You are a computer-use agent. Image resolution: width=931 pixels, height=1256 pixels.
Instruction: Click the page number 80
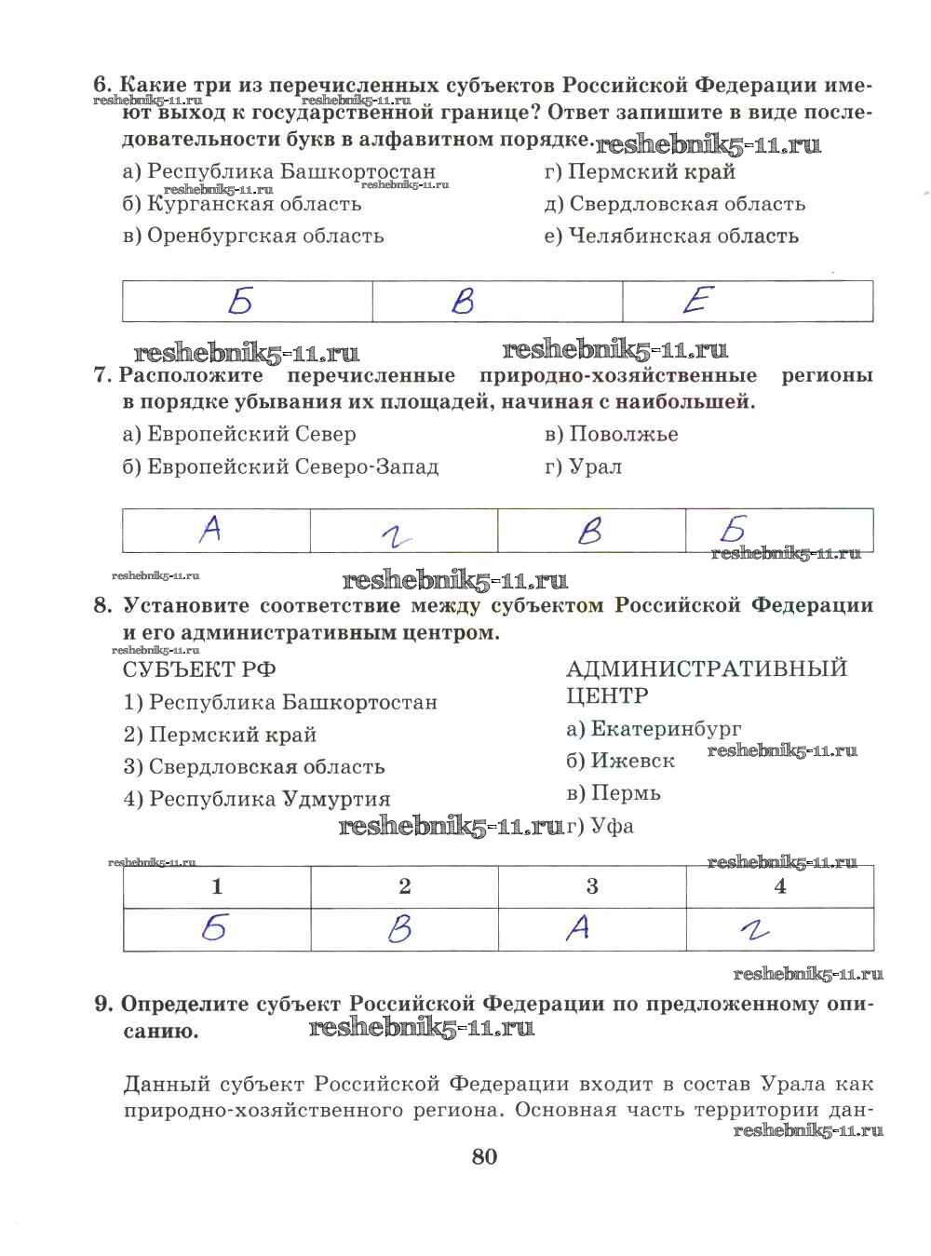pyautogui.click(x=484, y=1156)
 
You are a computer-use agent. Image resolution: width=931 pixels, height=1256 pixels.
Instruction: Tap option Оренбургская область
pyautogui.click(x=253, y=236)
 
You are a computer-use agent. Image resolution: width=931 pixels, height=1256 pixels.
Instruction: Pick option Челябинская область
pyautogui.click(x=671, y=236)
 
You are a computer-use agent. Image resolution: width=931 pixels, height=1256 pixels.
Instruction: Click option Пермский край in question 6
pyautogui.click(x=641, y=171)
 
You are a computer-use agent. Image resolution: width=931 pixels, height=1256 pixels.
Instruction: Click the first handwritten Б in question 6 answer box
pyautogui.click(x=241, y=301)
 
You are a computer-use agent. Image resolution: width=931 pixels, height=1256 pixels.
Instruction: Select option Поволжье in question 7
pyautogui.click(x=612, y=434)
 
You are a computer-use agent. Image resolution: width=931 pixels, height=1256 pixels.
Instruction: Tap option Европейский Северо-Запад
pyautogui.click(x=280, y=466)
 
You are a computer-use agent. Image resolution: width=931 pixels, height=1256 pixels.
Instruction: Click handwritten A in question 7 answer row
pyautogui.click(x=211, y=530)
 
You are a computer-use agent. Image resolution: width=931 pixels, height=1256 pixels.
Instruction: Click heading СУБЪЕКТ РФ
pyautogui.click(x=199, y=669)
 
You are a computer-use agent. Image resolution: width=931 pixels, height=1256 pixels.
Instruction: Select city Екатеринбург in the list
pyautogui.click(x=654, y=728)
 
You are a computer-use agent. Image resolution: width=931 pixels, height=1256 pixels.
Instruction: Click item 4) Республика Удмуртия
pyautogui.click(x=257, y=799)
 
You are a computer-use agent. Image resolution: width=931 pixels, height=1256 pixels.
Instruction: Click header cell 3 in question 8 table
pyautogui.click(x=592, y=886)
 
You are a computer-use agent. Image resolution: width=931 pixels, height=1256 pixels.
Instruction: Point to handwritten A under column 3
pyautogui.click(x=578, y=928)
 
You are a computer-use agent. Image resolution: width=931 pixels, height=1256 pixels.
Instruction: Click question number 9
pyautogui.click(x=103, y=1005)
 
